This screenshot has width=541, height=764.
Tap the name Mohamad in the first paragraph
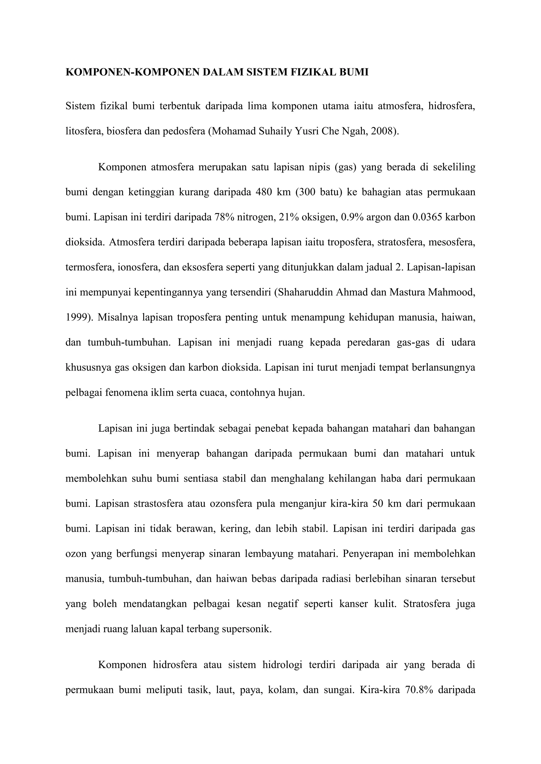click(x=234, y=131)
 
